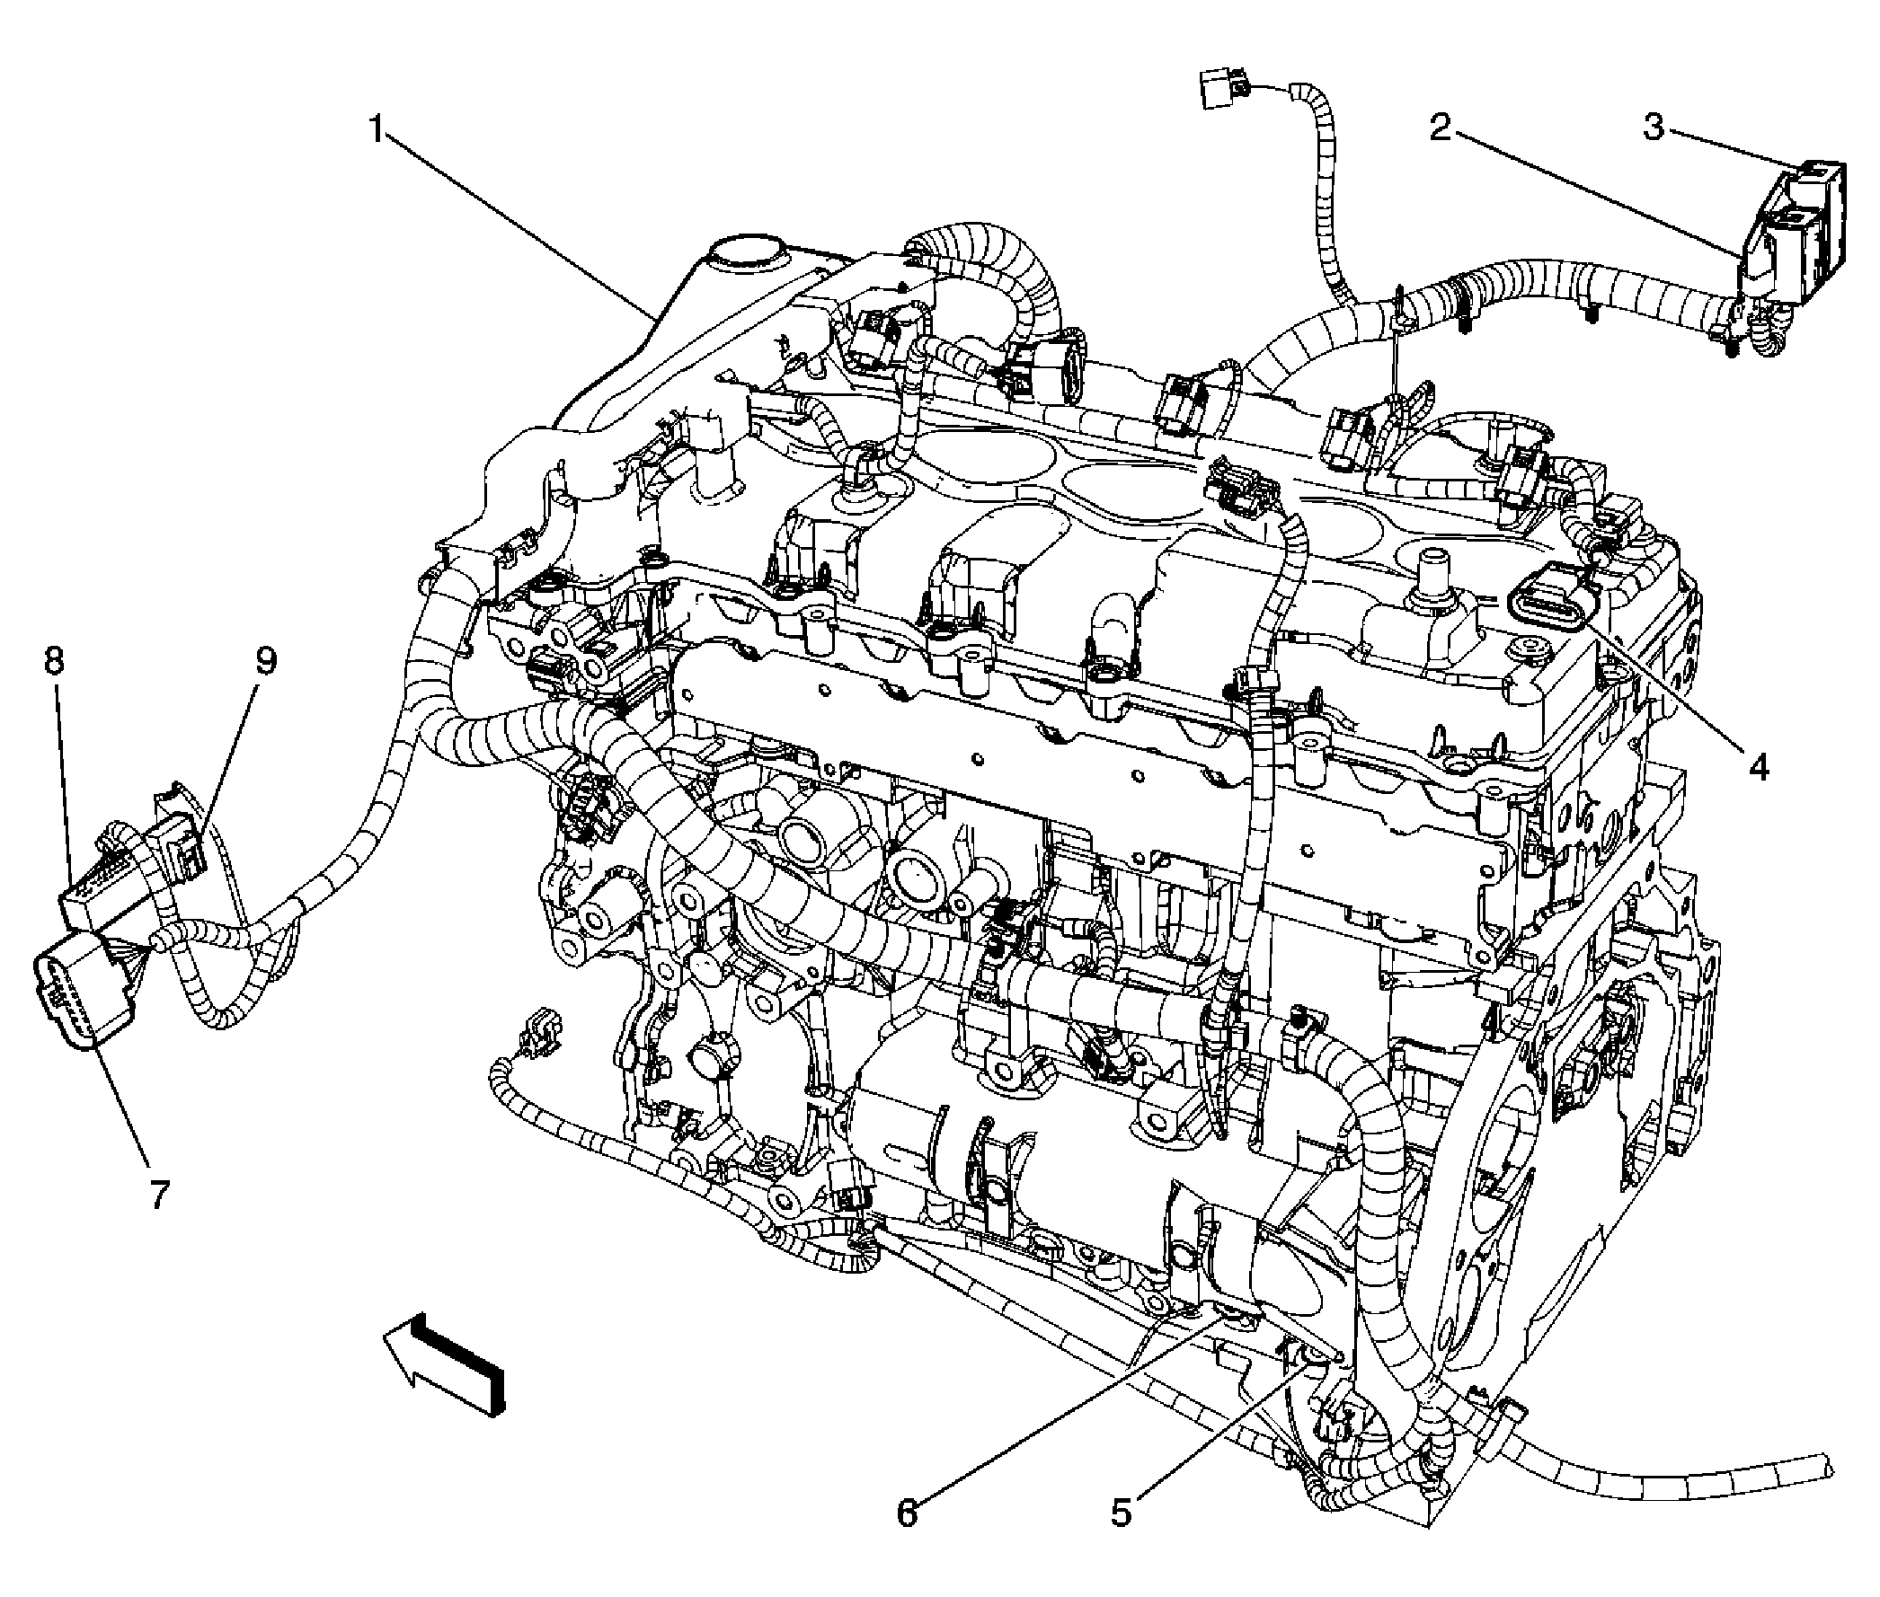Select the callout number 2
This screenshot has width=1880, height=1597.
click(x=1440, y=128)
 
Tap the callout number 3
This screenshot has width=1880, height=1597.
click(x=1654, y=128)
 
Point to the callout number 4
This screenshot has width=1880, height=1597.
click(x=1758, y=768)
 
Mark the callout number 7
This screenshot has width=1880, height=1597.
click(x=159, y=1195)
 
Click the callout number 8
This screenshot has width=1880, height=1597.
click(x=54, y=661)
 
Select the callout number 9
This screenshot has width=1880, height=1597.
click(x=264, y=661)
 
